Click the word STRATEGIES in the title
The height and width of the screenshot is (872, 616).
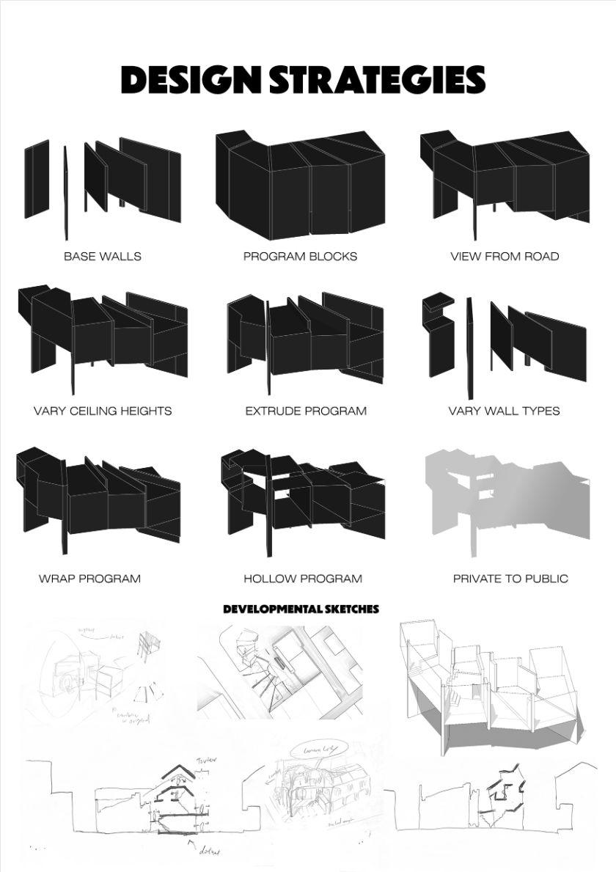click(377, 80)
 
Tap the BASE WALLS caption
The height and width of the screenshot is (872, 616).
click(103, 257)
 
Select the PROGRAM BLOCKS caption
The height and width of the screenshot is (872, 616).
click(301, 257)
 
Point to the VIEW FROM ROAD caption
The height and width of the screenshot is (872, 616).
click(505, 257)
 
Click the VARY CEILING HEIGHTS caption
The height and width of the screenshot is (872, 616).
click(103, 411)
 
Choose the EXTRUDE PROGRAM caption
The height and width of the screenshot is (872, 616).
click(306, 411)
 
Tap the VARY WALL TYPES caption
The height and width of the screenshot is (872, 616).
click(504, 411)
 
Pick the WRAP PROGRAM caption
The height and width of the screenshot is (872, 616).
click(89, 579)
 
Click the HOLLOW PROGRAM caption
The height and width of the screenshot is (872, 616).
click(303, 579)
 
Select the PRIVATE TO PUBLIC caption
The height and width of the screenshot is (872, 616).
click(510, 579)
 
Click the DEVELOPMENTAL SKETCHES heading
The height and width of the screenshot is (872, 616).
click(301, 609)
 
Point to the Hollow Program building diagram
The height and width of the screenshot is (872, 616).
click(302, 499)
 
